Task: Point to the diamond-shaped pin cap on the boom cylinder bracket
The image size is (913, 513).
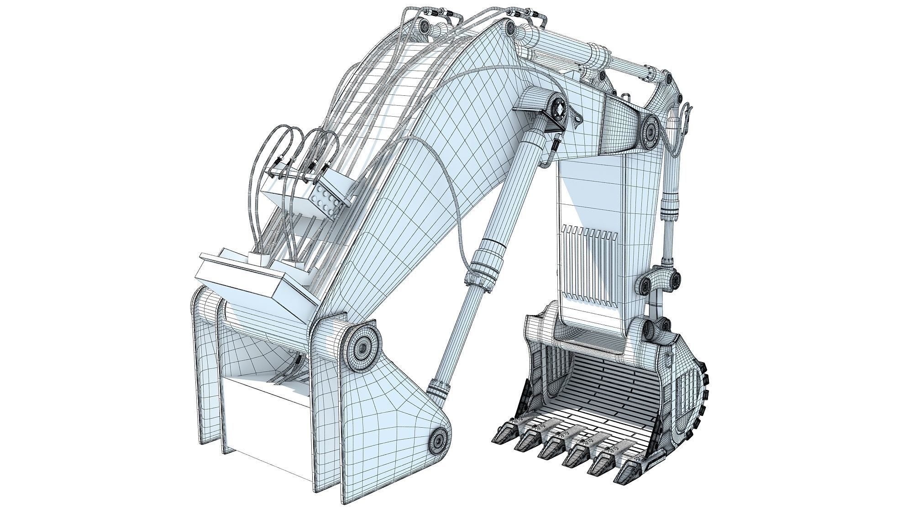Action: [558, 109]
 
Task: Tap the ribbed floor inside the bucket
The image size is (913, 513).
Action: [598, 388]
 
